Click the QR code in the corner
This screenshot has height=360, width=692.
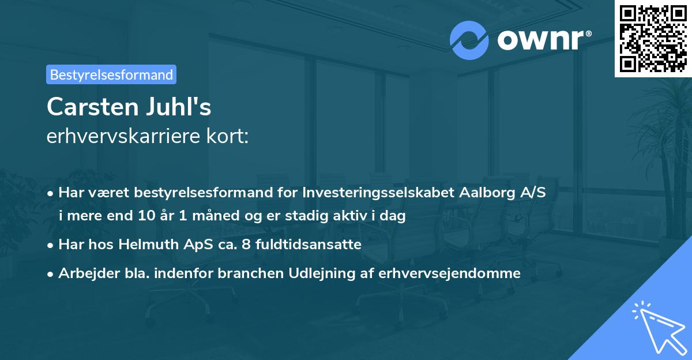pyautogui.click(x=653, y=39)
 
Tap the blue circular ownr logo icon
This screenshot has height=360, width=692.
pyautogui.click(x=469, y=40)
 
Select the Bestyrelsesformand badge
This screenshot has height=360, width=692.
pyautogui.click(x=111, y=74)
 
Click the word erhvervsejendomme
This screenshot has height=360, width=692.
pyautogui.click(x=449, y=273)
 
